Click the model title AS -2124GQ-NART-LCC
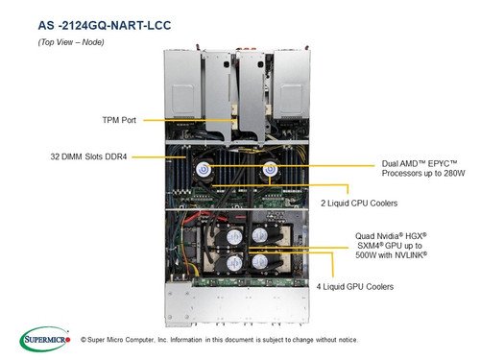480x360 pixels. click(x=105, y=25)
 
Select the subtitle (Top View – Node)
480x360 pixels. click(x=71, y=42)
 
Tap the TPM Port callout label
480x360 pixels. click(x=119, y=120)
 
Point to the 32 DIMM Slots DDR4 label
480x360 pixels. click(x=88, y=156)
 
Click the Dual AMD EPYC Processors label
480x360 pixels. click(x=423, y=168)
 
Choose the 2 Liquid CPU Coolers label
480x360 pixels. click(x=359, y=204)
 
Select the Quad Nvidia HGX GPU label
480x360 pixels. click(x=391, y=246)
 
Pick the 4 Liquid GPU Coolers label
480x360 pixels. click(x=355, y=287)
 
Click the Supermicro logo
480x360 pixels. click(x=45, y=339)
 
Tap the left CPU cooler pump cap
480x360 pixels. click(x=204, y=169)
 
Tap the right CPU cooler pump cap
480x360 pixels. click(x=270, y=169)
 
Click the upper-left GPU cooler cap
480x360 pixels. click(x=234, y=237)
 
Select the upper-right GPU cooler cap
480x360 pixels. click(x=260, y=236)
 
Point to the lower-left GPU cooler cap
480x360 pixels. click(x=234, y=263)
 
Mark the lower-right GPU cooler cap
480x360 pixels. click(x=260, y=262)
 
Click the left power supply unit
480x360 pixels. click(x=182, y=84)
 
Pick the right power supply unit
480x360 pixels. click(x=291, y=84)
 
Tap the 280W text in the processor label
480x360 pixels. click(x=454, y=174)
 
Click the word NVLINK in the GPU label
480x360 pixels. click(x=411, y=255)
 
